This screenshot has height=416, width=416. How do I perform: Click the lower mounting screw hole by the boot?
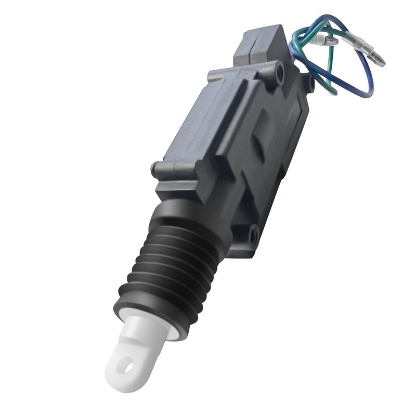point(253,236)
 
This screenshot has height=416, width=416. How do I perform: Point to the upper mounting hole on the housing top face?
point(279,73)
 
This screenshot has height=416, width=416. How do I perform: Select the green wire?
point(328,68)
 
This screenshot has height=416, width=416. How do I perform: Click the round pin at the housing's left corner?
point(154,169)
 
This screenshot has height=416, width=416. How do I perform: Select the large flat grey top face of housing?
point(208,120)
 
